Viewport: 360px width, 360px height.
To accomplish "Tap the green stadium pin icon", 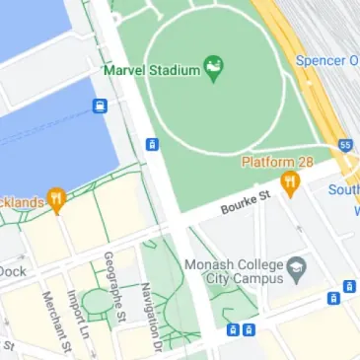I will tap(213, 68).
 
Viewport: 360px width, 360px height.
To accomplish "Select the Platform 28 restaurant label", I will tap(279, 162).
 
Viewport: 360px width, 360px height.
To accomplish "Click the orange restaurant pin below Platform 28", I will tap(289, 182).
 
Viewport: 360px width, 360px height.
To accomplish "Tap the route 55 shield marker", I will tap(344, 145).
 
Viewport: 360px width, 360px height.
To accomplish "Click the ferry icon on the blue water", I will tap(100, 106).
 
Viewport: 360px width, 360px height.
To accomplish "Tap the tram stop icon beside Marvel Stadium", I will tap(151, 144).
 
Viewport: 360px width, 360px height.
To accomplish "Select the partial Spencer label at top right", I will tap(327, 60).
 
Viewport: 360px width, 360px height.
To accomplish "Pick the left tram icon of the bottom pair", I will tap(233, 329).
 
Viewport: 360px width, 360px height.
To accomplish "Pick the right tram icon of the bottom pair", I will tap(251, 329).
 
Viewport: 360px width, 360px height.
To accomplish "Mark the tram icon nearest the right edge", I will tap(349, 287).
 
